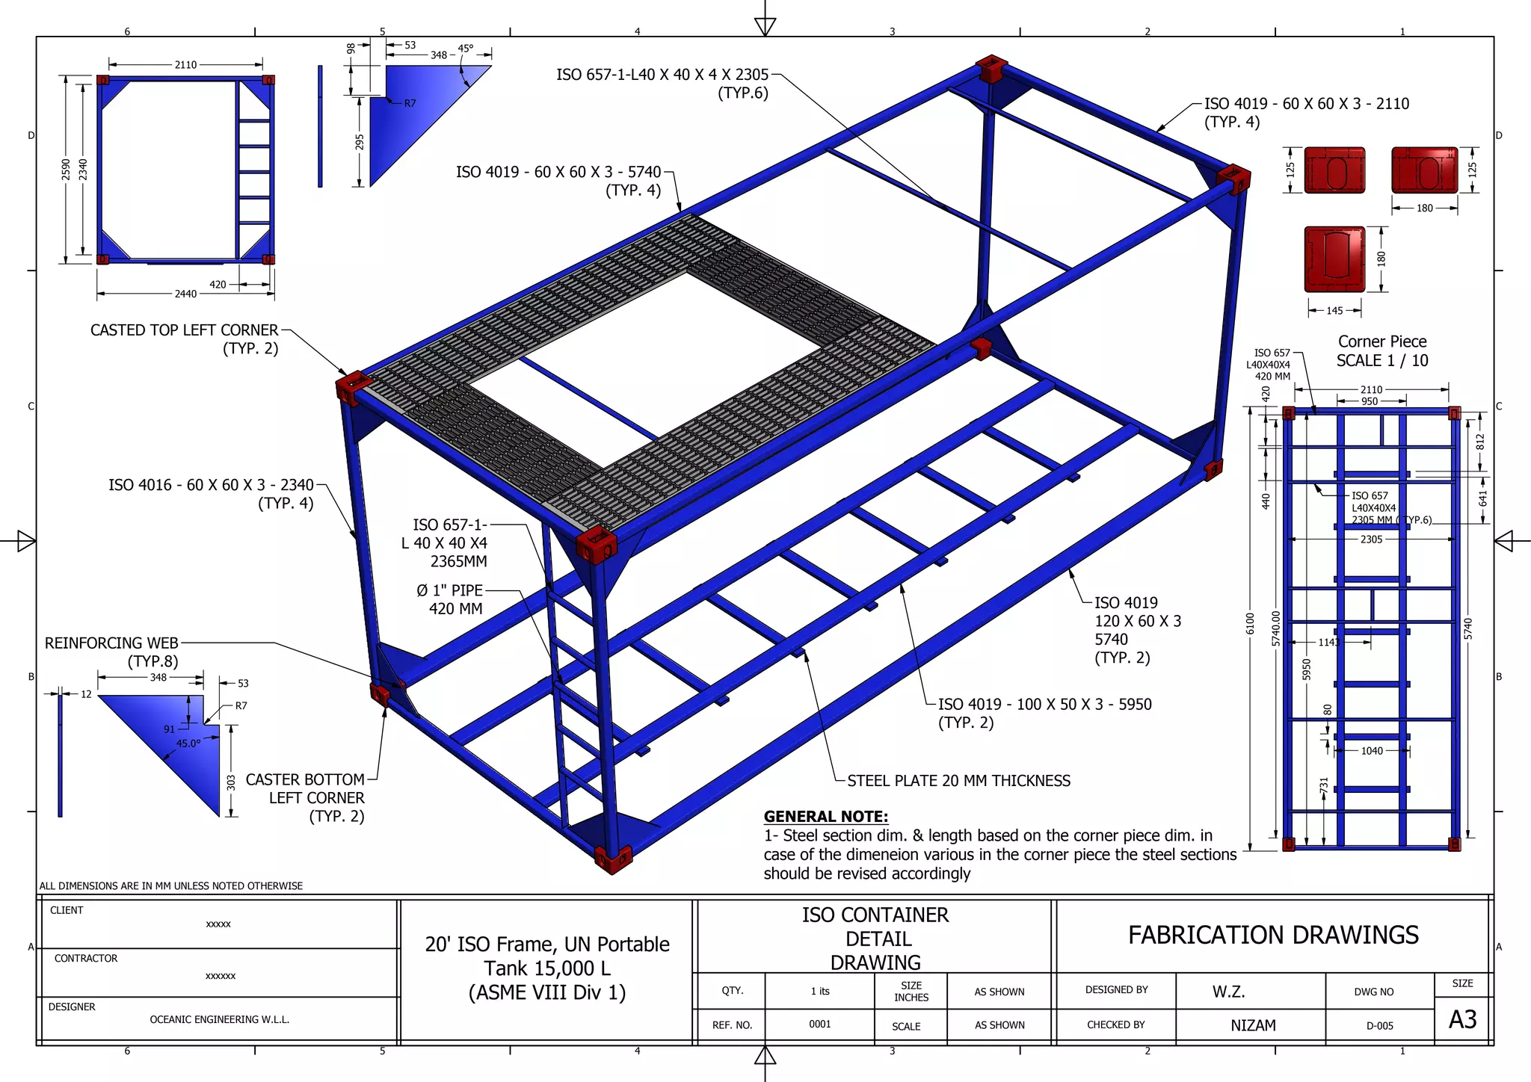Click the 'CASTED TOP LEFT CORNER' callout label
184,330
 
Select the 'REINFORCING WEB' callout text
112,643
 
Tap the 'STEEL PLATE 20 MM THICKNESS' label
958,781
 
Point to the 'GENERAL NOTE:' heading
825,817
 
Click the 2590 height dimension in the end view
66,170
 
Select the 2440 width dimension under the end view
185,294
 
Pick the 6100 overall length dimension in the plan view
1250,623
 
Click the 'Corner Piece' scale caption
1382,342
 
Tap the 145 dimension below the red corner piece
1334,311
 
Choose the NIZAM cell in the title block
1253,1025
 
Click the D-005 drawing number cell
1379,1026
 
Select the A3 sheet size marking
1462,1019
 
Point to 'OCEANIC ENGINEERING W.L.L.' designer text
219,1019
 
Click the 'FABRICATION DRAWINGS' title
1273,936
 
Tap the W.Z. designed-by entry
1228,992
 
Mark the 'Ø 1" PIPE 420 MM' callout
450,599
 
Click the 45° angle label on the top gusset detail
465,49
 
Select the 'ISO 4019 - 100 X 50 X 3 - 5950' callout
1044,705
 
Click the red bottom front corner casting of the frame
612,859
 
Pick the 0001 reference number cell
819,1024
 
